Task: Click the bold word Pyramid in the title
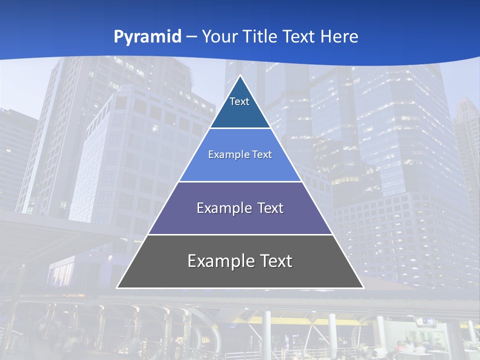point(147,37)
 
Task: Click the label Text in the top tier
point(239,101)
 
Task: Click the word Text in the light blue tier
point(262,154)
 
